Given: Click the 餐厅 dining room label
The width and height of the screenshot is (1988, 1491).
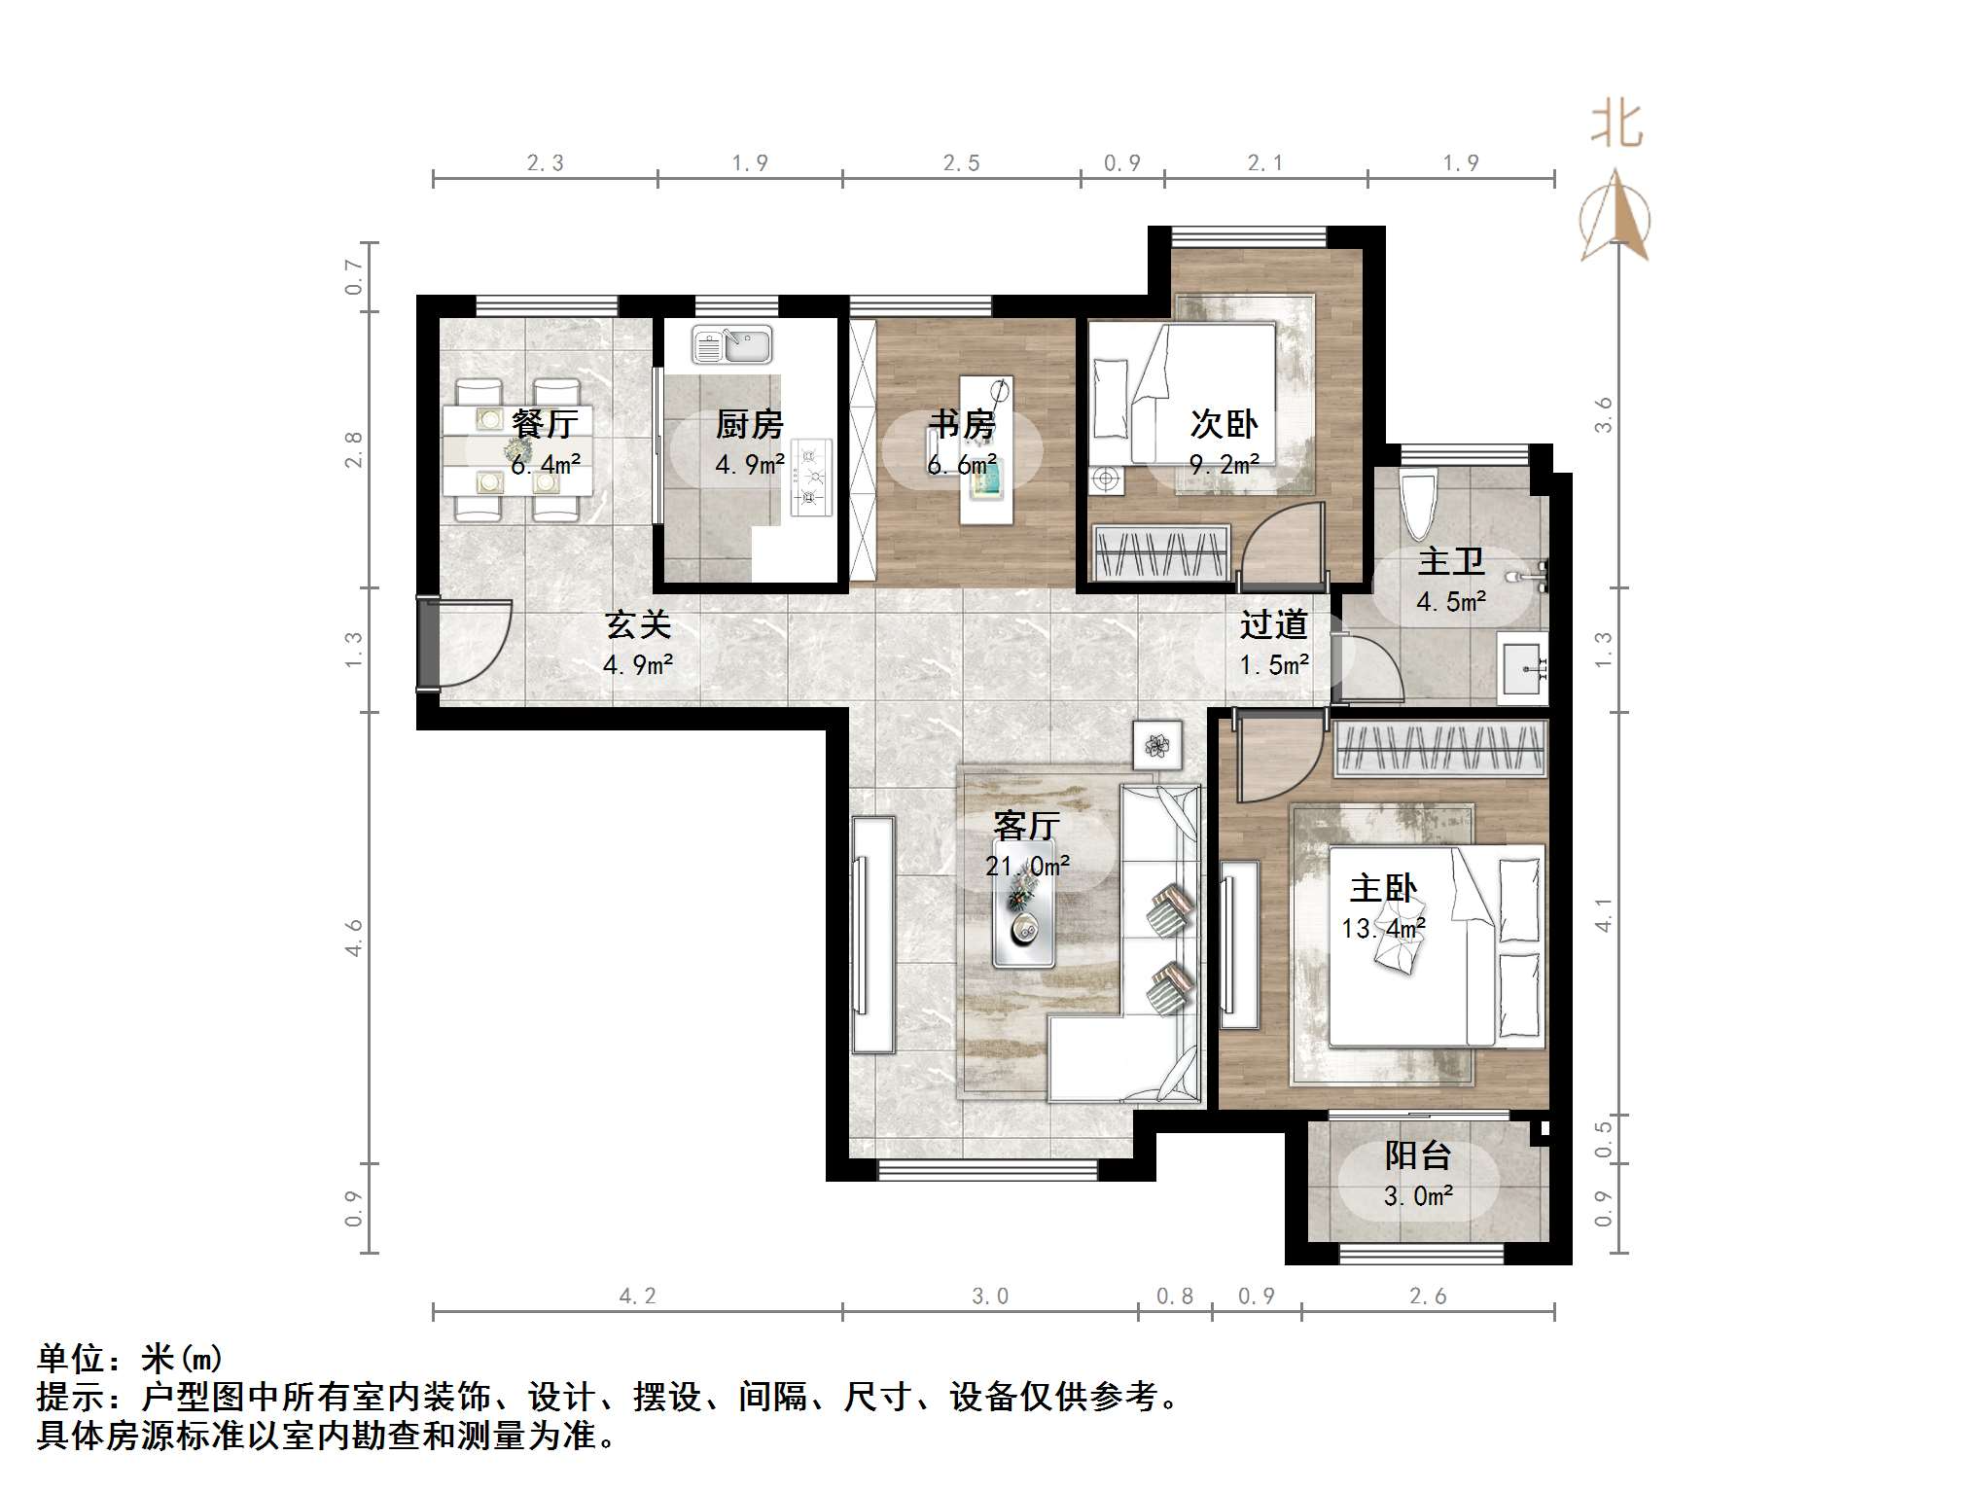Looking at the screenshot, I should [545, 424].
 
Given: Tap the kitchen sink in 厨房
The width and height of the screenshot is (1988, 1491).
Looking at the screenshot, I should [731, 344].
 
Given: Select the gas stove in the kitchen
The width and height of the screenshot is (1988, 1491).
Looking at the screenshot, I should [811, 477].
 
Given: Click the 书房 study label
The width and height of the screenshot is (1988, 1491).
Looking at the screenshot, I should [961, 424].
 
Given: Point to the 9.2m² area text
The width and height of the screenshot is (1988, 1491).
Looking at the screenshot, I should [1225, 465].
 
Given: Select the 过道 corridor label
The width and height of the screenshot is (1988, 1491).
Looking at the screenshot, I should [1273, 624].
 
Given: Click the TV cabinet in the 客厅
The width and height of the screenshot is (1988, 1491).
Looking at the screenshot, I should [872, 934].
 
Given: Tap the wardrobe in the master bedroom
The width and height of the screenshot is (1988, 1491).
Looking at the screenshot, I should [1439, 749].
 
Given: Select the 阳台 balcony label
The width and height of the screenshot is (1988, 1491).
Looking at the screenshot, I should [1417, 1155].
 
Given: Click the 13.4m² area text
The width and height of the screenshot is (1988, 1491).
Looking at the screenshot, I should [1383, 929].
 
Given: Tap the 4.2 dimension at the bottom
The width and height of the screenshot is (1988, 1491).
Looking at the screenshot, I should [637, 1296].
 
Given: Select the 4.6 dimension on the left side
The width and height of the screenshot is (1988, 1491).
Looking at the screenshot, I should [354, 937].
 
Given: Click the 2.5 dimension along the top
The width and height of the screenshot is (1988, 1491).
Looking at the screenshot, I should [961, 163].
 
